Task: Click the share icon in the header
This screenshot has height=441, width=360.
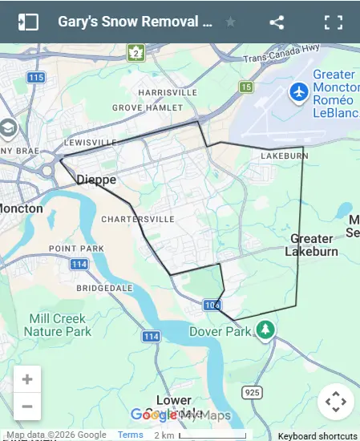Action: pyautogui.click(x=277, y=22)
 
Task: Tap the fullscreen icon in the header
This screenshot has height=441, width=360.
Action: pyautogui.click(x=334, y=22)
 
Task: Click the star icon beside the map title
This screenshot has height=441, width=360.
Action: pyautogui.click(x=231, y=22)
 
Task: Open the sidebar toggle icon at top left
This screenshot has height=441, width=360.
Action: pyautogui.click(x=28, y=22)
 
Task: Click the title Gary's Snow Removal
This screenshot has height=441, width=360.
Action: pyautogui.click(x=135, y=22)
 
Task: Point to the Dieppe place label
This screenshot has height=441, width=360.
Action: pyautogui.click(x=96, y=180)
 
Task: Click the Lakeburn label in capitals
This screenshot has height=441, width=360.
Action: pyautogui.click(x=285, y=156)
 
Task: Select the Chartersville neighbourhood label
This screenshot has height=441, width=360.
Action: pyautogui.click(x=138, y=219)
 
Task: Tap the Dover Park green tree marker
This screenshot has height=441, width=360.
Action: pyautogui.click(x=265, y=330)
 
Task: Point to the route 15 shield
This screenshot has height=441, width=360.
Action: pyautogui.click(x=246, y=87)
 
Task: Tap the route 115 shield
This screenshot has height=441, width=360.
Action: pyautogui.click(x=35, y=78)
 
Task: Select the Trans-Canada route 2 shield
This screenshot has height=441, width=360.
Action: pyautogui.click(x=136, y=53)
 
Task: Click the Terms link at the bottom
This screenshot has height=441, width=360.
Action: pyautogui.click(x=130, y=435)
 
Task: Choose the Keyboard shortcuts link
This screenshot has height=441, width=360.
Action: pyautogui.click(x=318, y=435)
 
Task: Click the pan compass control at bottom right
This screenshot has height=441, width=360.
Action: pyautogui.click(x=335, y=402)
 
